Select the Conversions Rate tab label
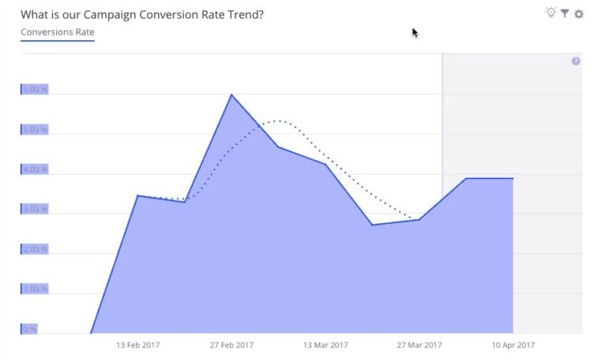click(58, 32)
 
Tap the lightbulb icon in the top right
click(551, 13)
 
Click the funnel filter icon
click(565, 13)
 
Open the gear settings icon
click(579, 13)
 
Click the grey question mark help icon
click(575, 61)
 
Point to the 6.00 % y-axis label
click(35, 89)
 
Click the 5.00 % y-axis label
click(35, 129)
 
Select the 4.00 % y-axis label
click(35, 169)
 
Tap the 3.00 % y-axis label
click(35, 209)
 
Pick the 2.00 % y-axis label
click(35, 249)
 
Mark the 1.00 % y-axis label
click(35, 289)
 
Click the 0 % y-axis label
click(28, 329)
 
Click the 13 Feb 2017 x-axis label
click(139, 345)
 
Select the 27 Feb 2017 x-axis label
click(232, 345)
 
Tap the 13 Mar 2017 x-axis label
click(325, 345)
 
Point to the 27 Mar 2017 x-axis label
click(419, 345)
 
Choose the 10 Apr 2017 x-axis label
click(512, 345)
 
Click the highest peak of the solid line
click(232, 95)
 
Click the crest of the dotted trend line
click(277, 121)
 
